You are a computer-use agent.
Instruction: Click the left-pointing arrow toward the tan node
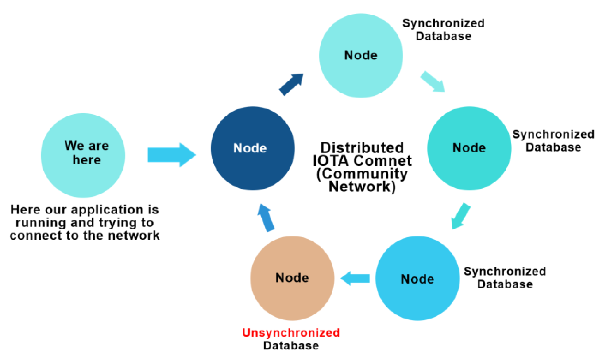coord(355,278)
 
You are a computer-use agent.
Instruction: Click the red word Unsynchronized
coord(291,333)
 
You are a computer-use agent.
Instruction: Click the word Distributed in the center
coord(362,148)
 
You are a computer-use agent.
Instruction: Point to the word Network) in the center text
coord(362,187)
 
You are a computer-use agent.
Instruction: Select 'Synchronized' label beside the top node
coord(443,23)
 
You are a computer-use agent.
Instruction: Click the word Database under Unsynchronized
coord(291,346)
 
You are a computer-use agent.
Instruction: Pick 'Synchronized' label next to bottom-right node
coord(505,271)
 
